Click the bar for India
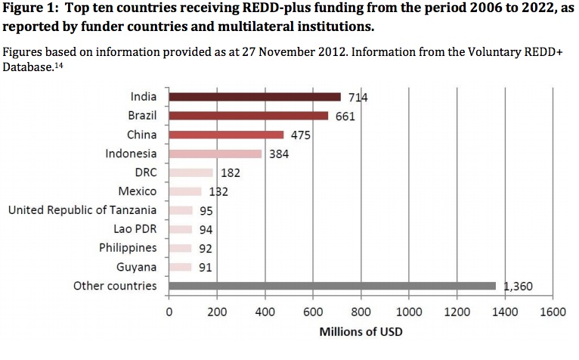[255, 97]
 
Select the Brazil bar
[249, 116]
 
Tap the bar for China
[226, 135]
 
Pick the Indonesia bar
[215, 154]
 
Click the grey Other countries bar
[333, 286]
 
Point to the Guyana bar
[180, 267]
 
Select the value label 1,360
[519, 287]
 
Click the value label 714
[356, 98]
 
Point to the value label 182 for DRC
[230, 173]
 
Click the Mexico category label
[138, 191]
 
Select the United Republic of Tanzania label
[82, 210]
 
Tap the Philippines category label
[128, 248]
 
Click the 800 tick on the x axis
[361, 312]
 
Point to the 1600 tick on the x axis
[553, 312]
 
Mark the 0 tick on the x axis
[169, 312]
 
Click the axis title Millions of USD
[361, 331]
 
